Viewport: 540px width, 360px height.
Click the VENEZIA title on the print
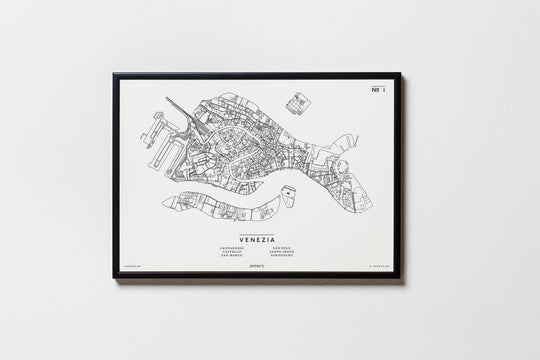258,227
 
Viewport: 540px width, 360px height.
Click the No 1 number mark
375,90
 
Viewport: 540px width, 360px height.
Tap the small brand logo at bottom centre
258,267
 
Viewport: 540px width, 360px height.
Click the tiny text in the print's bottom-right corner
379,268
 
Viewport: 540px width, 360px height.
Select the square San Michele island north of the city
298,102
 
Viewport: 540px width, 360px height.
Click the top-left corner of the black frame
115,74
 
